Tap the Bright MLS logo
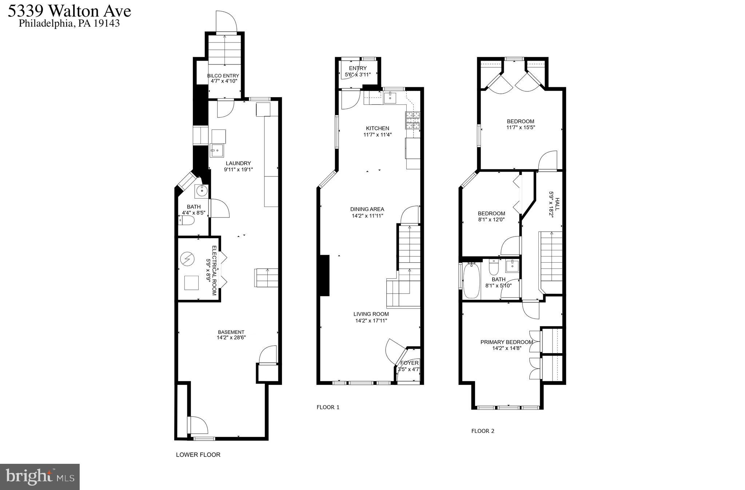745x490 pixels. pyautogui.click(x=40, y=477)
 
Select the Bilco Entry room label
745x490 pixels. pyautogui.click(x=223, y=76)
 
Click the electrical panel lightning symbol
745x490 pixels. pyautogui.click(x=187, y=259)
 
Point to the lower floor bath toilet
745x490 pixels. pyautogui.click(x=187, y=220)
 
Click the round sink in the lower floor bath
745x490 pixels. pyautogui.click(x=201, y=190)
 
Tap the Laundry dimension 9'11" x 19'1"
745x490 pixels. pyautogui.click(x=238, y=170)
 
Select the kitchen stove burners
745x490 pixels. pyautogui.click(x=413, y=120)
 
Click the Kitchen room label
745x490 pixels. pyautogui.click(x=377, y=128)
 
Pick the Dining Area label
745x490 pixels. pyautogui.click(x=367, y=209)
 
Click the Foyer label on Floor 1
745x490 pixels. pyautogui.click(x=409, y=363)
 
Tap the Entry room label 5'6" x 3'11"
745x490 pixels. pyautogui.click(x=358, y=71)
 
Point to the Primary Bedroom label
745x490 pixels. pyautogui.click(x=506, y=342)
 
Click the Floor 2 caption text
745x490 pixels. pyautogui.click(x=483, y=431)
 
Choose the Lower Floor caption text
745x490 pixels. pyautogui.click(x=198, y=455)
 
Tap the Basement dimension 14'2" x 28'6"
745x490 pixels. pyautogui.click(x=231, y=338)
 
